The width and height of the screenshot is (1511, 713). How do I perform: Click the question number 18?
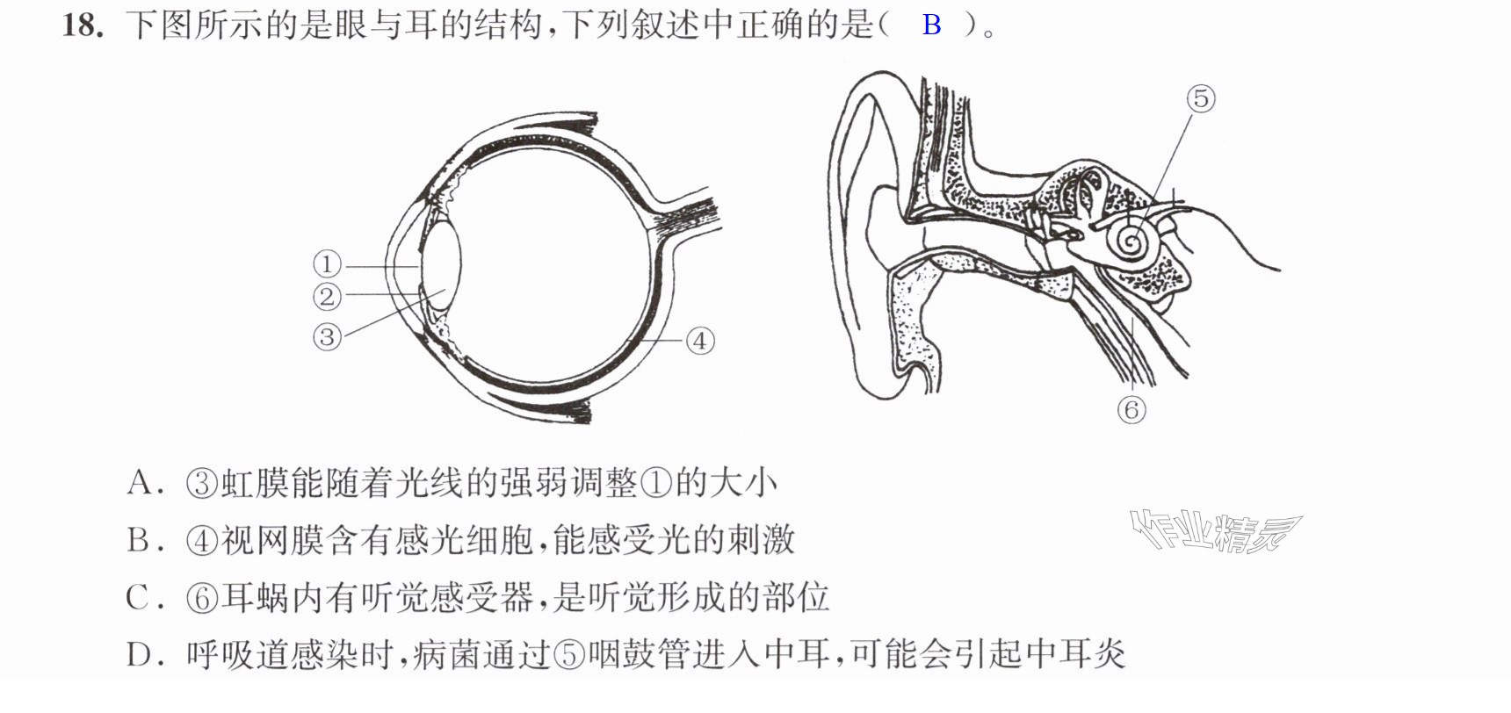(83, 25)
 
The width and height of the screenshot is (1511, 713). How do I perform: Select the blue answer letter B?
(932, 25)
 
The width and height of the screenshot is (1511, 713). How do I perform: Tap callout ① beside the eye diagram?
(327, 263)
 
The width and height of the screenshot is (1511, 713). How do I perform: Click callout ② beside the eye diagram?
(327, 296)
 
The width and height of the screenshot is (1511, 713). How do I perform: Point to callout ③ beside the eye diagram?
(327, 336)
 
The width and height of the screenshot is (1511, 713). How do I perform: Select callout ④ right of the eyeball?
(700, 341)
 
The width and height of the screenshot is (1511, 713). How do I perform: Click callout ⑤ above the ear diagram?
(1201, 98)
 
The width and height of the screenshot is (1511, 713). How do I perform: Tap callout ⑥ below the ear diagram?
(1131, 409)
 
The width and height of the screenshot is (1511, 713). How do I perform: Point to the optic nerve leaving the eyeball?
(685, 213)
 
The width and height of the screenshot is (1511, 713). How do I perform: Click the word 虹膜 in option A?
(255, 482)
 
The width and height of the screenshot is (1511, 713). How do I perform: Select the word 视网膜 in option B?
(272, 539)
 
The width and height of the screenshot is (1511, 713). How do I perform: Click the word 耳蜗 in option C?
(255, 597)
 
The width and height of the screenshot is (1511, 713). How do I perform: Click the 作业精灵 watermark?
(1216, 531)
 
